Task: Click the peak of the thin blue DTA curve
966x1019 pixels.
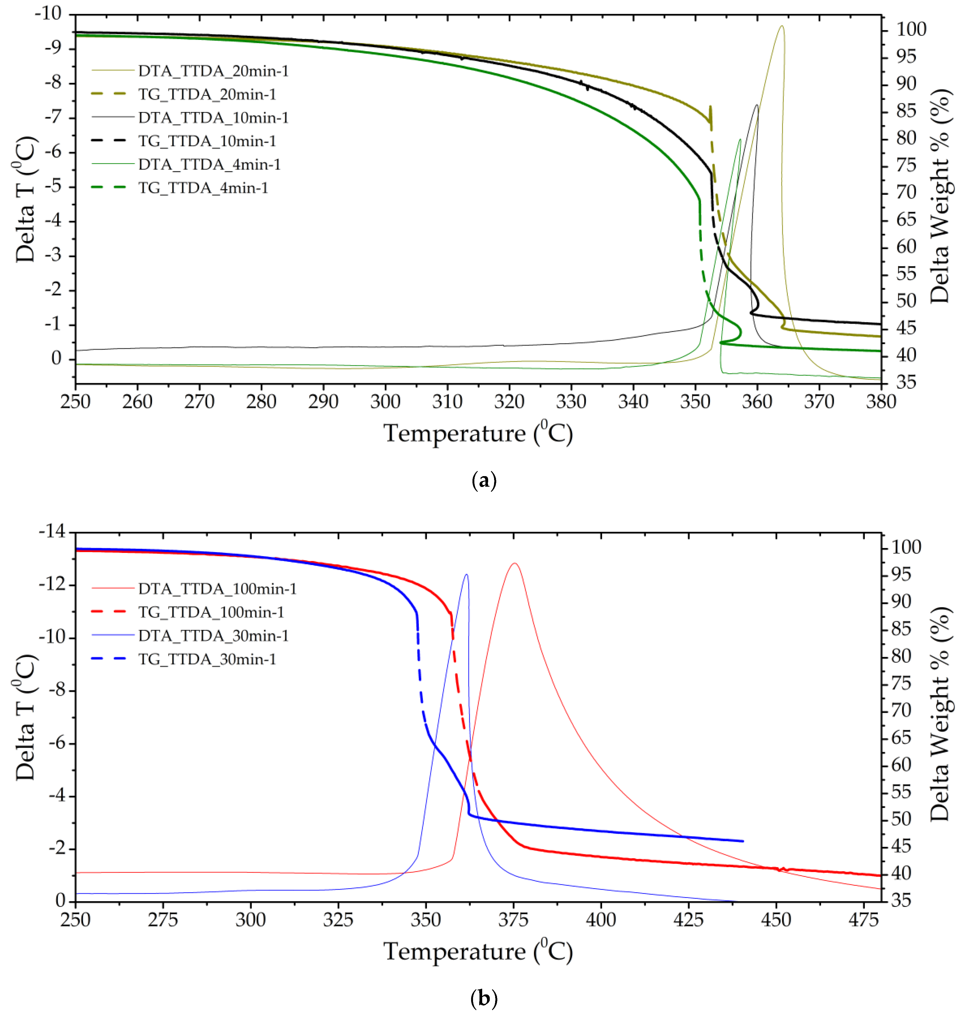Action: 467,575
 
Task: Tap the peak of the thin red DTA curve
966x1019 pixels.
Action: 514,563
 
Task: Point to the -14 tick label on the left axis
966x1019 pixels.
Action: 52,531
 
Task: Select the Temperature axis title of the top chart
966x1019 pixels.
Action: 478,433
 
